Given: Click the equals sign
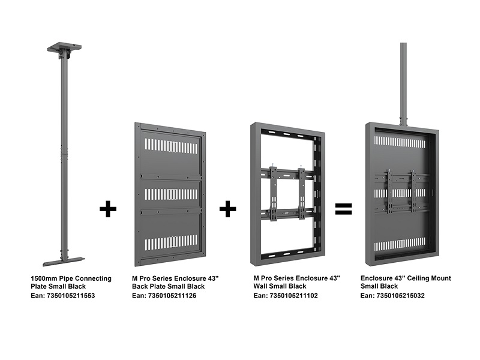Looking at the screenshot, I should pos(343,209).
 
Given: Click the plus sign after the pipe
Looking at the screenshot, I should pos(108,209).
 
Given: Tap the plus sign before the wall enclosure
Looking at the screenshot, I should pos(227,209).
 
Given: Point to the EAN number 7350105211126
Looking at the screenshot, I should pos(175,295).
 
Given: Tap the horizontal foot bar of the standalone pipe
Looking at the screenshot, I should pos(63,261).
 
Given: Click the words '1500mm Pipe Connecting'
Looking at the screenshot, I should pos(71,278).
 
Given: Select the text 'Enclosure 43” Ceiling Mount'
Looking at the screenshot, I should pos(406,278).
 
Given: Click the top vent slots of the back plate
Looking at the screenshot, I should pos(171,146).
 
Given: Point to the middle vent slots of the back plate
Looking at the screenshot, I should pos(171,194).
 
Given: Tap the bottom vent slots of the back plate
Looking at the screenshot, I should pos(171,243).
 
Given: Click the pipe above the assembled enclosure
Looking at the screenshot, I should pos(403,84).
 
